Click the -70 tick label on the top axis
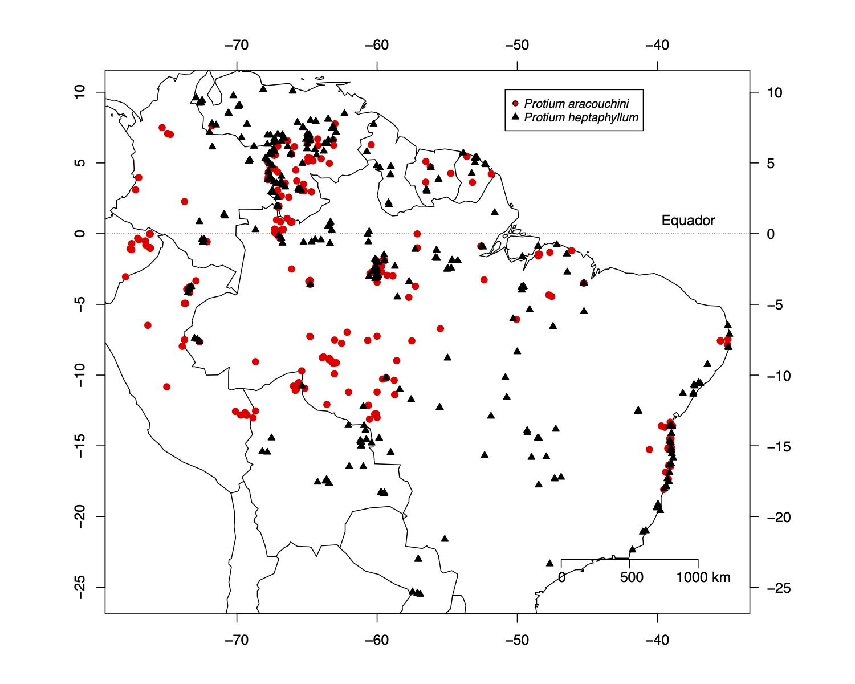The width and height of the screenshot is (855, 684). click(x=237, y=45)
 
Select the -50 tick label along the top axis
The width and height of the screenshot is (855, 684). click(x=517, y=45)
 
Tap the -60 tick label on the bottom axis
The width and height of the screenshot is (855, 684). click(x=377, y=640)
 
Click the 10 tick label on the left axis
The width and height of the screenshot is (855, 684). click(x=79, y=92)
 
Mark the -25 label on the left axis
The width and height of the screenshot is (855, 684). click(x=79, y=587)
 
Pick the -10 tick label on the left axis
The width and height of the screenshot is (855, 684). click(x=79, y=375)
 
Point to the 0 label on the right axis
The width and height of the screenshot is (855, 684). click(x=771, y=234)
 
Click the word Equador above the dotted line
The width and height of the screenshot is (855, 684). click(x=688, y=221)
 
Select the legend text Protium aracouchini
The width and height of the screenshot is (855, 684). click(x=576, y=104)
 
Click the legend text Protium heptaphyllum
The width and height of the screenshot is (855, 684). click(x=581, y=117)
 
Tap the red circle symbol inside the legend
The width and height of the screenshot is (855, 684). click(x=515, y=103)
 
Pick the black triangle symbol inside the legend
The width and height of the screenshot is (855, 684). click(x=515, y=117)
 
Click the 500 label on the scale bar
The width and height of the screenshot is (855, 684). click(x=632, y=577)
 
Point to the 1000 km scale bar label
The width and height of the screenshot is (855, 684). click(x=703, y=577)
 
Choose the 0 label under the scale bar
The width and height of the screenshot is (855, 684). click(x=561, y=577)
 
